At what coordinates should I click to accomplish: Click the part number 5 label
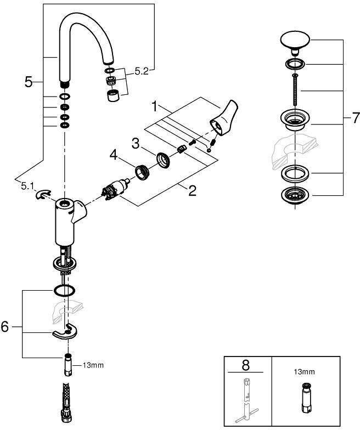(29, 82)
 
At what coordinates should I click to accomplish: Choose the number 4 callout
(113, 155)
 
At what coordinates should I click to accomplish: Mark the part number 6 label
(5, 327)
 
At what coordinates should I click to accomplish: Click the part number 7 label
(355, 117)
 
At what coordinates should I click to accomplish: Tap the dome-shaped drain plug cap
(295, 41)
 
